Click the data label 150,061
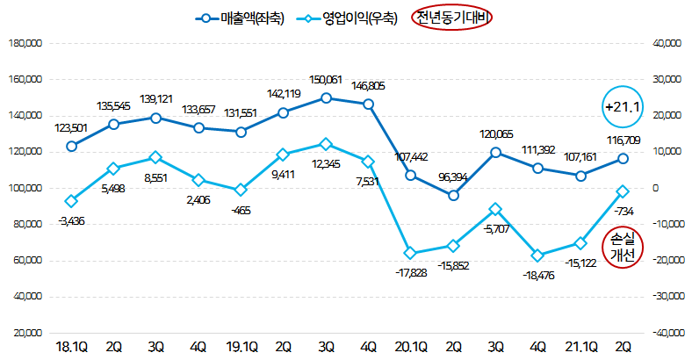[x=326, y=80]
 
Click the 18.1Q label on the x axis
[x=71, y=348]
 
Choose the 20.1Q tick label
[x=410, y=348]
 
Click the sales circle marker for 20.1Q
[x=410, y=176]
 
